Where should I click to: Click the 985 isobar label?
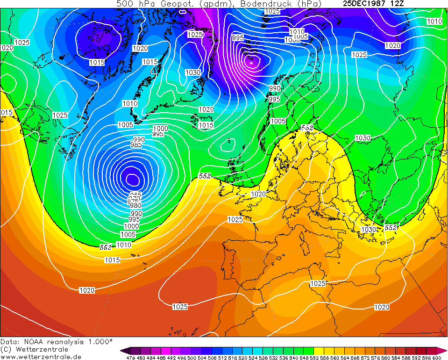[136, 145]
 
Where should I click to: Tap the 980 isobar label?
[135, 205]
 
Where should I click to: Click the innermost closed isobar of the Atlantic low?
[133, 178]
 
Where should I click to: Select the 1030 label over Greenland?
[192, 72]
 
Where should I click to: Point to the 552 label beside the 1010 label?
[106, 246]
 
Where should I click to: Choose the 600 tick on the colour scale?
[436, 358]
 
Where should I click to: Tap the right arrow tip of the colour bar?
[446, 351]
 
